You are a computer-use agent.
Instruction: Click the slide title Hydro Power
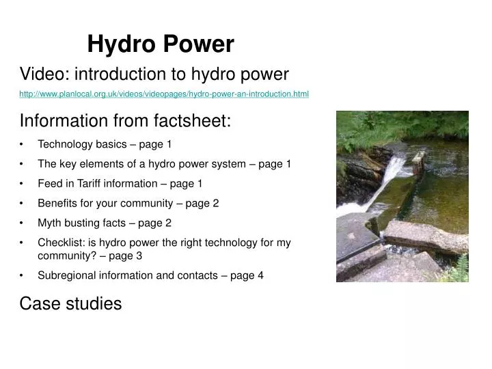click(x=161, y=45)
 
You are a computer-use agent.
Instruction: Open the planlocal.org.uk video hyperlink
click(x=164, y=94)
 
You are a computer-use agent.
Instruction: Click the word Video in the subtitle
click(x=41, y=74)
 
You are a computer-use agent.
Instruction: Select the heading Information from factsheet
click(x=126, y=121)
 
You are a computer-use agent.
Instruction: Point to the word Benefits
click(x=57, y=203)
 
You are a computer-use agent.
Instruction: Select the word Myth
click(x=50, y=223)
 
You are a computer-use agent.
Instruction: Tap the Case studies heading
click(x=70, y=303)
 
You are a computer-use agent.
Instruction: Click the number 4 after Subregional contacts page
click(x=260, y=275)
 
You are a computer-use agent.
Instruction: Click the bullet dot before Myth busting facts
click(x=23, y=223)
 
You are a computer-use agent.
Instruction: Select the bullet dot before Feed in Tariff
click(x=23, y=183)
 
